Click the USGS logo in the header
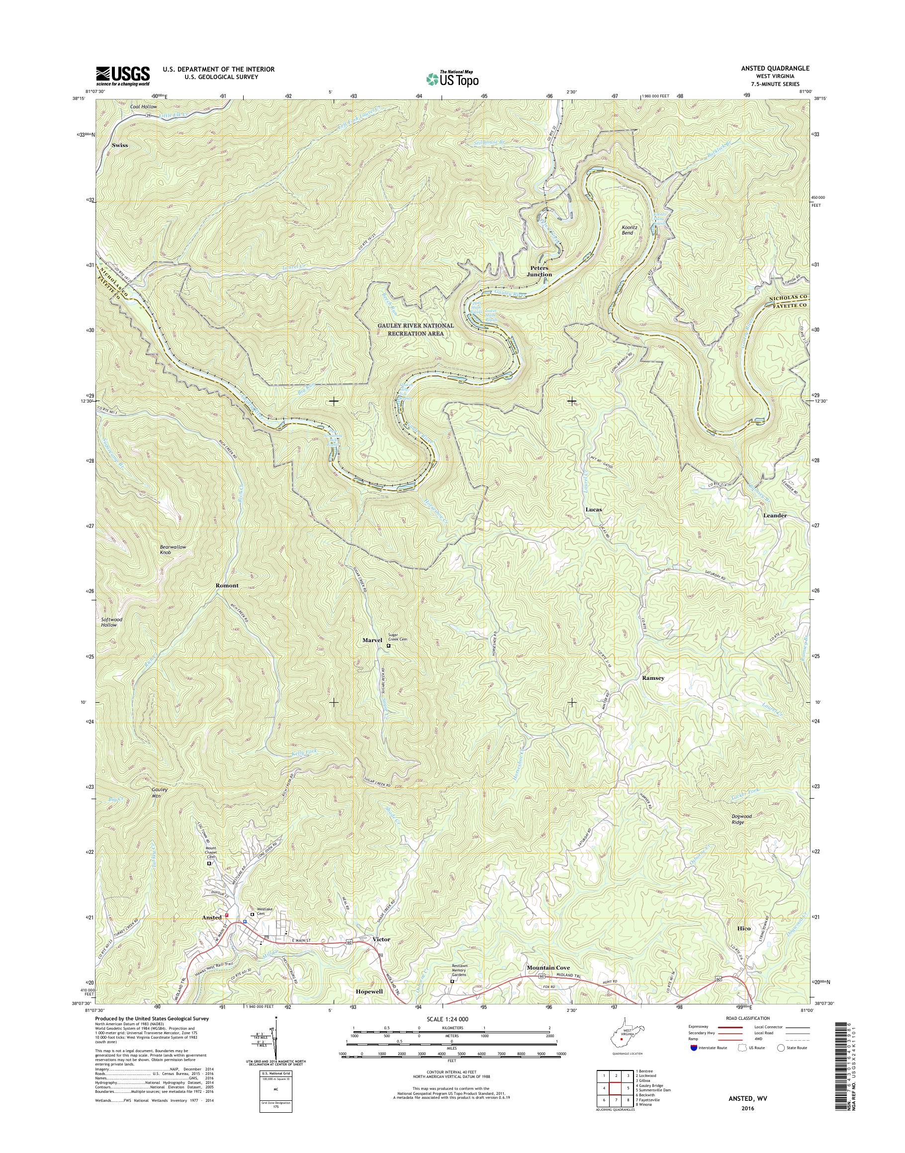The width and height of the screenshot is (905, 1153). [x=122, y=76]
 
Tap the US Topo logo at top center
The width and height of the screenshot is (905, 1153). [x=452, y=79]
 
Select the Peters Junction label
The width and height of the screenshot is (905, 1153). [x=540, y=271]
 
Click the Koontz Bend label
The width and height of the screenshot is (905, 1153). [x=629, y=230]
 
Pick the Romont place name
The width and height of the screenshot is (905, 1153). [x=227, y=586]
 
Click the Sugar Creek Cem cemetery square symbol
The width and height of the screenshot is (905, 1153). [x=388, y=646]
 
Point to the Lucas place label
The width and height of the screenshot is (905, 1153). [x=593, y=509]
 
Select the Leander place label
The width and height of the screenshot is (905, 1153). [x=775, y=515]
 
